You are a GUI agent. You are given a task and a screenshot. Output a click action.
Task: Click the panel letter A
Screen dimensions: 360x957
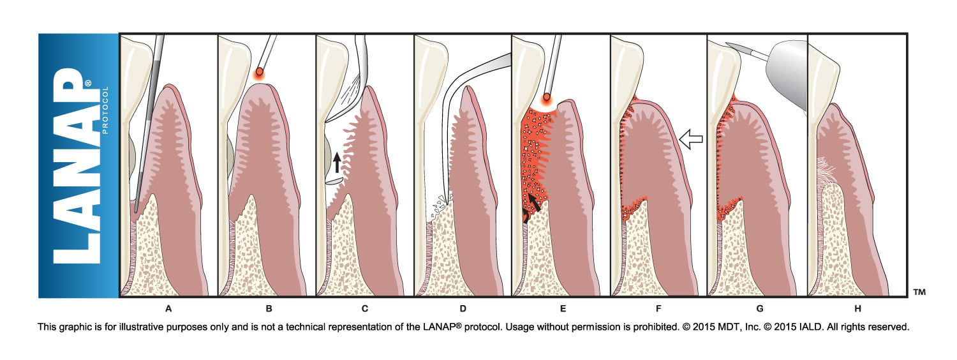coord(168,309)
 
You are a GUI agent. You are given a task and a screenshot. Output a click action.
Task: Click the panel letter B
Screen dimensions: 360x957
coord(269,309)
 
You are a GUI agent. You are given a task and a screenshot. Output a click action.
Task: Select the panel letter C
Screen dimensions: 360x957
coord(364,309)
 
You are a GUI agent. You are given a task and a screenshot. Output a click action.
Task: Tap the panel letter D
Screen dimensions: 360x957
coord(463,309)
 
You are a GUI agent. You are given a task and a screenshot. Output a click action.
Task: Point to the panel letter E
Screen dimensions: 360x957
coord(562,309)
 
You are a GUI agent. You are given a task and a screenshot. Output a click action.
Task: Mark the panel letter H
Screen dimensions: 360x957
coord(858,309)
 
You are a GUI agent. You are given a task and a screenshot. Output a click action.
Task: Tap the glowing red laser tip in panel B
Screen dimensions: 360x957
coord(259,73)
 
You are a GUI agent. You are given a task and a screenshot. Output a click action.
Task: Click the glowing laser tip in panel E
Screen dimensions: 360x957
coord(546,99)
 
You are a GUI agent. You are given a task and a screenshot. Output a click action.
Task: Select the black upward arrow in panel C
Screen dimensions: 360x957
coord(338,163)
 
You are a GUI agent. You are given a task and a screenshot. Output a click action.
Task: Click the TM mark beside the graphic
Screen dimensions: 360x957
coord(919,292)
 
